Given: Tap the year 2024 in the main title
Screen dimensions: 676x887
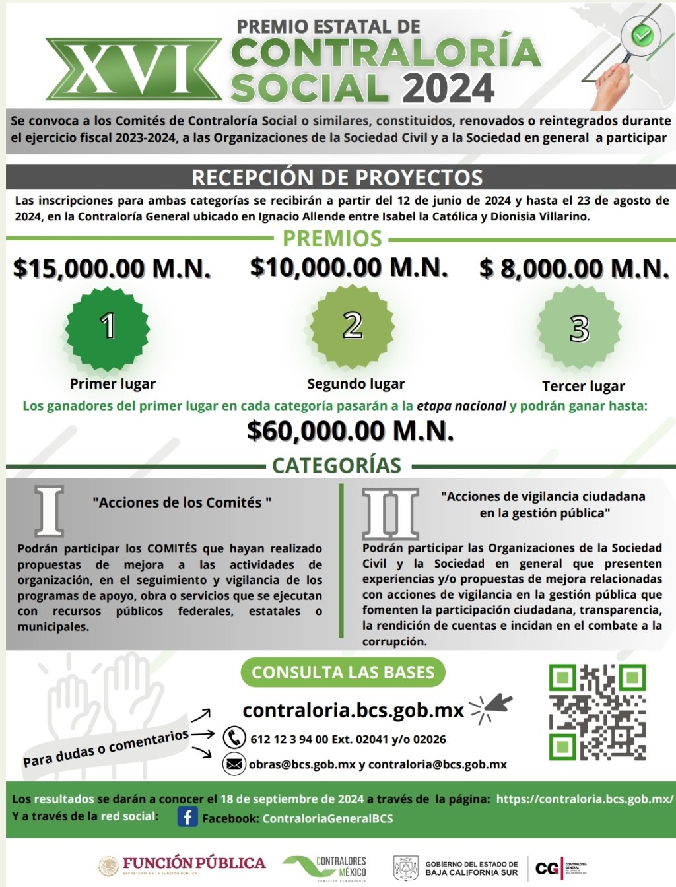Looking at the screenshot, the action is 448,88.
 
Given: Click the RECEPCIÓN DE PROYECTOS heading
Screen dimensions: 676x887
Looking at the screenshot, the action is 337,177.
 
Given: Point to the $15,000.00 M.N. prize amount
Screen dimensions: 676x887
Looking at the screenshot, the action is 112,268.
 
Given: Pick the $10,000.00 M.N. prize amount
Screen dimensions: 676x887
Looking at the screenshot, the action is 349,267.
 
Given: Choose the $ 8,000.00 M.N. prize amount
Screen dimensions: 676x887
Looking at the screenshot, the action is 574,268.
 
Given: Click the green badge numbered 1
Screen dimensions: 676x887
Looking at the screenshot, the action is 108,326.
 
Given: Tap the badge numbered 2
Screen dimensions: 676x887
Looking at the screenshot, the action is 353,325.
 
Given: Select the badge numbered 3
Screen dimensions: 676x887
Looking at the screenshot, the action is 579,328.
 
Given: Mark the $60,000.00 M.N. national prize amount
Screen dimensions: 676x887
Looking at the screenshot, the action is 351,430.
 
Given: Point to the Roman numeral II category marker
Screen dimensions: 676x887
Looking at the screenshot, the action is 390,513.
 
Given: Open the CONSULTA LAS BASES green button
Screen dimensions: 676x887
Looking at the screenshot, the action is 343,673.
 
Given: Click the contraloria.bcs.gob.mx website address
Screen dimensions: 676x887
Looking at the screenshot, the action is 354,710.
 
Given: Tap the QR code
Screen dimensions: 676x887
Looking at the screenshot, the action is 597,712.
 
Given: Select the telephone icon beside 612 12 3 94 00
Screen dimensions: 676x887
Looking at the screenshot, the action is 234,737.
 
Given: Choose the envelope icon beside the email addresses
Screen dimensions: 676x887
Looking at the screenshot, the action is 234,764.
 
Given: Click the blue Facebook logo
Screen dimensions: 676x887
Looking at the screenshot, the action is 187,817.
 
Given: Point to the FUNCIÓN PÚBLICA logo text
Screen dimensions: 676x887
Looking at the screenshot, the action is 193,863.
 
